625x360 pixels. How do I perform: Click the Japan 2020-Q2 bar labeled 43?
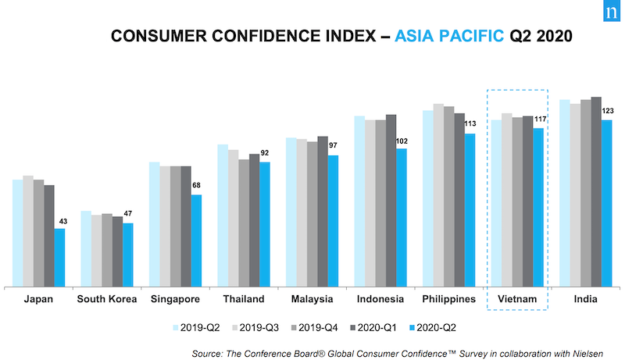click(x=59, y=258)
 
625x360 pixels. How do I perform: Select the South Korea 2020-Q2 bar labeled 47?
click(x=127, y=255)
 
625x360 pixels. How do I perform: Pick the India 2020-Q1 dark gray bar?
click(x=596, y=192)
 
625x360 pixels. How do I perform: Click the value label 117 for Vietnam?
click(x=540, y=119)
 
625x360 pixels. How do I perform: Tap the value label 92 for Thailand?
click(x=265, y=154)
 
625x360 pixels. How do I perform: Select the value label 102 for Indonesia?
click(x=402, y=141)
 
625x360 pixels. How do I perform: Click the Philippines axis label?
click(x=448, y=299)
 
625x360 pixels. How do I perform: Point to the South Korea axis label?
click(x=106, y=299)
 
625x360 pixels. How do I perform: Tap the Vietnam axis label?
click(x=516, y=299)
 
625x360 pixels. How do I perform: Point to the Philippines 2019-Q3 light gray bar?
click(x=439, y=195)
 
